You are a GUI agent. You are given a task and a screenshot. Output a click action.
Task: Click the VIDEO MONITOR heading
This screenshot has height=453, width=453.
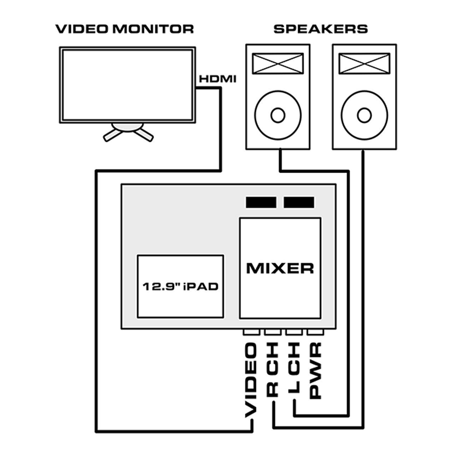tap(124, 29)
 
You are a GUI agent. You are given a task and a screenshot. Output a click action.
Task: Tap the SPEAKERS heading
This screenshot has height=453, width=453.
tap(321, 29)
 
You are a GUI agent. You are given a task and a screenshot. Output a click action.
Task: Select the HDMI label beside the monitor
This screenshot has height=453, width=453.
tap(218, 79)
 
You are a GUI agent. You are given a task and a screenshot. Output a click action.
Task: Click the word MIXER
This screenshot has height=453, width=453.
tap(280, 268)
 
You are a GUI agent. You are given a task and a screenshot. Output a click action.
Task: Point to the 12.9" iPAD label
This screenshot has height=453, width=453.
tap(180, 287)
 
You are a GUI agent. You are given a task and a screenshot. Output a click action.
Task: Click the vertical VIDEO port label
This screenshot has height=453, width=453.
tap(251, 380)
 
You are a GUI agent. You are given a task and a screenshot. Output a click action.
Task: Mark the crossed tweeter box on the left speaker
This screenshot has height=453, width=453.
tap(278, 64)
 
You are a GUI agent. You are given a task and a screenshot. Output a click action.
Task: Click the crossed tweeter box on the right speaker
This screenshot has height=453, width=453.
tap(365, 64)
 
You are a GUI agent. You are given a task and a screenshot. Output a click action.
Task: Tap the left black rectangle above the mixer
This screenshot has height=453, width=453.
tap(261, 202)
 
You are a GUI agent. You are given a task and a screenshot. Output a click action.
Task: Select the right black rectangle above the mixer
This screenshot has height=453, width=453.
tap(299, 202)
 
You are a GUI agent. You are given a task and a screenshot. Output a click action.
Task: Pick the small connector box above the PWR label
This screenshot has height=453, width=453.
tap(315, 333)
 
